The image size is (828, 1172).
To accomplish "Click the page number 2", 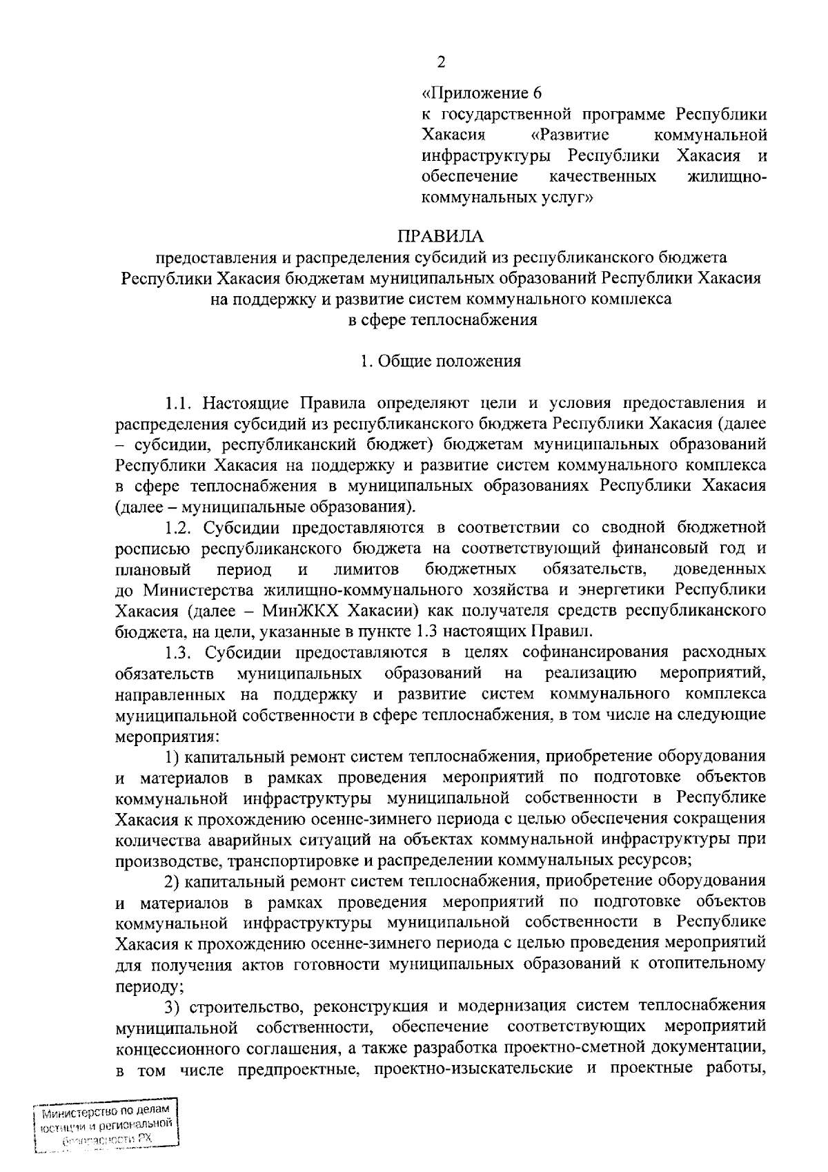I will (441, 62).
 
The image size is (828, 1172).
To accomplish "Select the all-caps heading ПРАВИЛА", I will (440, 237).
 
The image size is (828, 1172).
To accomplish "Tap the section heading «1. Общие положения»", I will (441, 361).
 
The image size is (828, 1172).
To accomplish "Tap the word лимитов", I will (366, 569).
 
